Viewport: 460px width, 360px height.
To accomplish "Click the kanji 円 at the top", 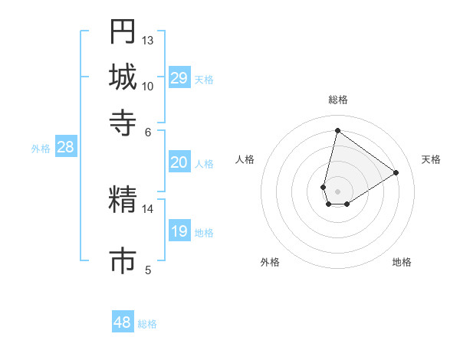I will (x=123, y=31).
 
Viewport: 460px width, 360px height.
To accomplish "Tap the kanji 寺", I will (x=123, y=121).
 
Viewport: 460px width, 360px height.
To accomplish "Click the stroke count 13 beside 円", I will (x=148, y=40).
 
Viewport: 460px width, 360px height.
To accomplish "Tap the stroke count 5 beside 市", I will (x=148, y=269).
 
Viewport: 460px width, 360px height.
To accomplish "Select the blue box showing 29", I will (x=179, y=78).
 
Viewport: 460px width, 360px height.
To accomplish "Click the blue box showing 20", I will (x=179, y=162).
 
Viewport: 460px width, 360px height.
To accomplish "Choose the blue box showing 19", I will (x=179, y=231).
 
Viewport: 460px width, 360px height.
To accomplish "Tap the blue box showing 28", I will (x=65, y=148).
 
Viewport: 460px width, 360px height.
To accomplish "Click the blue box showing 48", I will (x=123, y=322).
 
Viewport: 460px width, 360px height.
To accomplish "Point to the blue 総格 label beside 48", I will (x=147, y=324).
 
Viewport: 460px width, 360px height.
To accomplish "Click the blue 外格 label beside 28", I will (x=41, y=149).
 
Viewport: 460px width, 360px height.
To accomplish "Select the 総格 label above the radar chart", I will (x=338, y=100).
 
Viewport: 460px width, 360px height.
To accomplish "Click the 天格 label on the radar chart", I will (x=431, y=159).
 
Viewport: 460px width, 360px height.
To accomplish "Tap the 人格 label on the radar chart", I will (x=245, y=159).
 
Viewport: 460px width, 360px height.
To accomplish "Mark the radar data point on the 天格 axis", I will (x=396, y=172).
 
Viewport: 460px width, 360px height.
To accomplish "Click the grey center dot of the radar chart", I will (x=338, y=191).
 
